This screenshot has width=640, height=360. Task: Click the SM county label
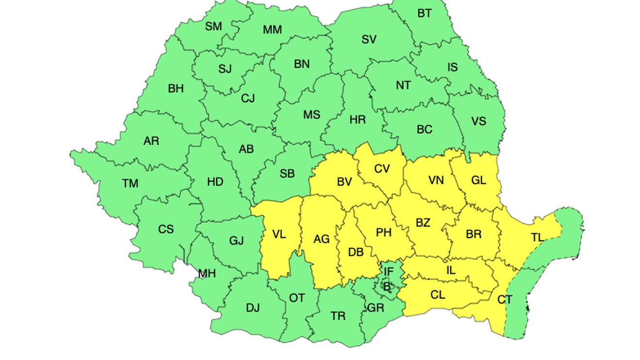click(x=213, y=27)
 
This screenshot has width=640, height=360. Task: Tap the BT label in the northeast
click(x=424, y=14)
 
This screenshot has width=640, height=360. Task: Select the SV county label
click(x=369, y=40)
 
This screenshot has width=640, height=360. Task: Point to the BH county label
click(x=176, y=89)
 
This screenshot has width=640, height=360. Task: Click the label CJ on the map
click(x=248, y=99)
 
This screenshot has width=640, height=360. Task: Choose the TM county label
click(x=130, y=184)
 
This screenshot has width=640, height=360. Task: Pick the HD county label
click(x=215, y=182)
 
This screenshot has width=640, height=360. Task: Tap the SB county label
click(x=287, y=174)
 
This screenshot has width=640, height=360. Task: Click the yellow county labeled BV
click(x=344, y=182)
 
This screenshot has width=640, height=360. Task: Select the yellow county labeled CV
click(x=382, y=169)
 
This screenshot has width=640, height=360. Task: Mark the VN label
click(x=436, y=181)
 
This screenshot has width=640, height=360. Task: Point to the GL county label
click(x=479, y=180)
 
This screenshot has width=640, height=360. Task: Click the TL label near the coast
click(x=537, y=237)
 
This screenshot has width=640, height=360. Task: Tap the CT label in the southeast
click(x=505, y=300)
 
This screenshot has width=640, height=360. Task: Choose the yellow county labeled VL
click(x=279, y=235)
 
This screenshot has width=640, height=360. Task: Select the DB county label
click(x=356, y=252)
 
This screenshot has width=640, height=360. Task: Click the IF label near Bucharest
click(x=388, y=272)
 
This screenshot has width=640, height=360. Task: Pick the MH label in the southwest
click(x=207, y=274)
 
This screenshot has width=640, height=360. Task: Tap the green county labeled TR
click(x=338, y=316)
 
